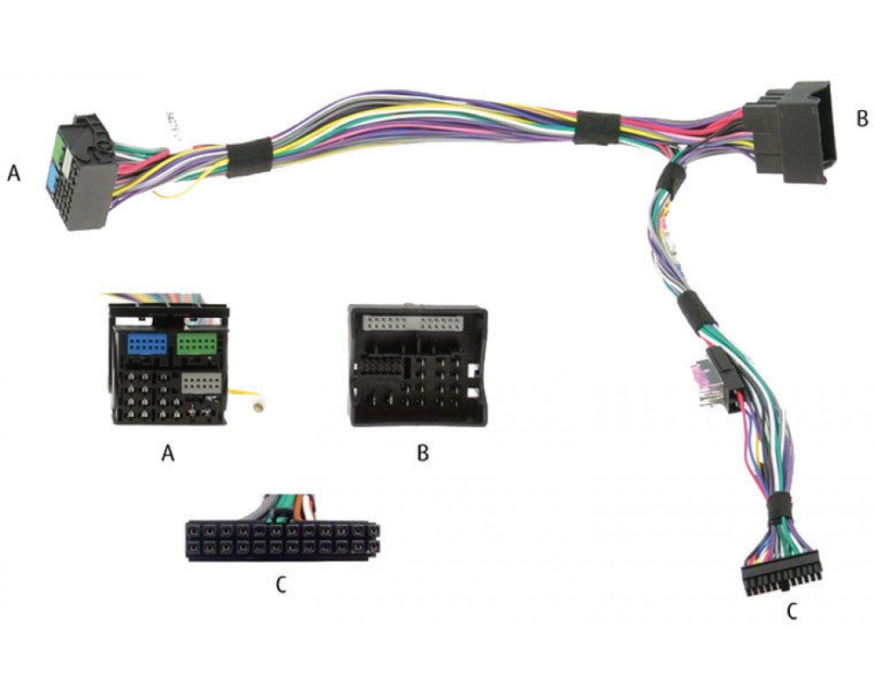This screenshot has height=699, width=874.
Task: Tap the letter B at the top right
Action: coord(863,118)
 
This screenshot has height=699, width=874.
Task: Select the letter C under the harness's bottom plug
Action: coord(792,612)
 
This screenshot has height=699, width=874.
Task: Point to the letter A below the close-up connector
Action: coord(168,453)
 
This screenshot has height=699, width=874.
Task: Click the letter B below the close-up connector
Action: coord(423,453)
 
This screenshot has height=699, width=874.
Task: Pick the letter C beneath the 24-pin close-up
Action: coord(281,585)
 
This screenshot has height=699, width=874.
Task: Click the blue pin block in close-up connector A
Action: coord(147,344)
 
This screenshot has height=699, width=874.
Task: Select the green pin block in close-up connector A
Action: coord(197,344)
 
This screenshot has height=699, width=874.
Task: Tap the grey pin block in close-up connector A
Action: coord(201,384)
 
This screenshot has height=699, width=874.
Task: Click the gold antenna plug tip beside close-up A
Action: coord(258,407)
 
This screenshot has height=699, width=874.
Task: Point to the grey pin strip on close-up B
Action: coord(413,322)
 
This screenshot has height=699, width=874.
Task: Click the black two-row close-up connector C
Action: coord(283,541)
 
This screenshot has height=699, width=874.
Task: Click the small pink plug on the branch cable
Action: coord(698,373)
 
